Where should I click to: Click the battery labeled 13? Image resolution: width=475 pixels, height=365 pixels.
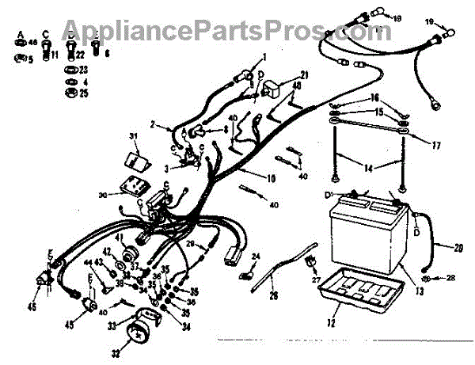366,234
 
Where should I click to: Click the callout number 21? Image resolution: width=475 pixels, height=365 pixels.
304,75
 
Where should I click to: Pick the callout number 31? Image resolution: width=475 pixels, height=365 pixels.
134,137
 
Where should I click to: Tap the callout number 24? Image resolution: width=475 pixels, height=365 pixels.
256,257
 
